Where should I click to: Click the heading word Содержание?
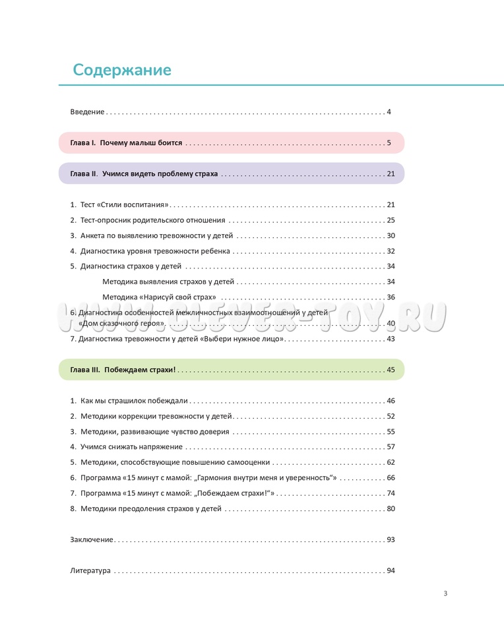pyautogui.click(x=122, y=70)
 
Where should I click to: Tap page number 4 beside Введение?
pyautogui.click(x=389, y=111)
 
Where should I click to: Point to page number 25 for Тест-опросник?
pyautogui.click(x=391, y=220)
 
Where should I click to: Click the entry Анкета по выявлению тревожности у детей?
pyautogui.click(x=156, y=235)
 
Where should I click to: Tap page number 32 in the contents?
pyautogui.click(x=391, y=251)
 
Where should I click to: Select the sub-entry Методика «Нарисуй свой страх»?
pyautogui.click(x=160, y=297)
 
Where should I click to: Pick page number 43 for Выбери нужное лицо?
pyautogui.click(x=391, y=339)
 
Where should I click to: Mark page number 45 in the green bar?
pyautogui.click(x=391, y=370)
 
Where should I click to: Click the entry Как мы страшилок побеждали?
pyautogui.click(x=134, y=401)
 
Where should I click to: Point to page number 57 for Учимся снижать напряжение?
pyautogui.click(x=391, y=447)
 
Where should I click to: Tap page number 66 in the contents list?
pyautogui.click(x=391, y=477)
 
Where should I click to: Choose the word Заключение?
pyautogui.click(x=92, y=539)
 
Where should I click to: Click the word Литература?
pyautogui.click(x=90, y=570)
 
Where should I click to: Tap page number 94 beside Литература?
pyautogui.click(x=391, y=570)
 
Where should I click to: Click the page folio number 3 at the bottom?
pyautogui.click(x=445, y=593)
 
